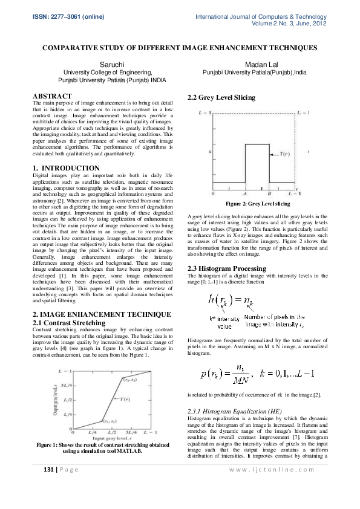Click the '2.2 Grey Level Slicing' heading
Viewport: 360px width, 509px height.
coord(221,97)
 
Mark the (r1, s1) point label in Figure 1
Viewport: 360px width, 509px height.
coord(109,421)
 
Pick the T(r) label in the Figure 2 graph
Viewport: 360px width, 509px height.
coord(286,154)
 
